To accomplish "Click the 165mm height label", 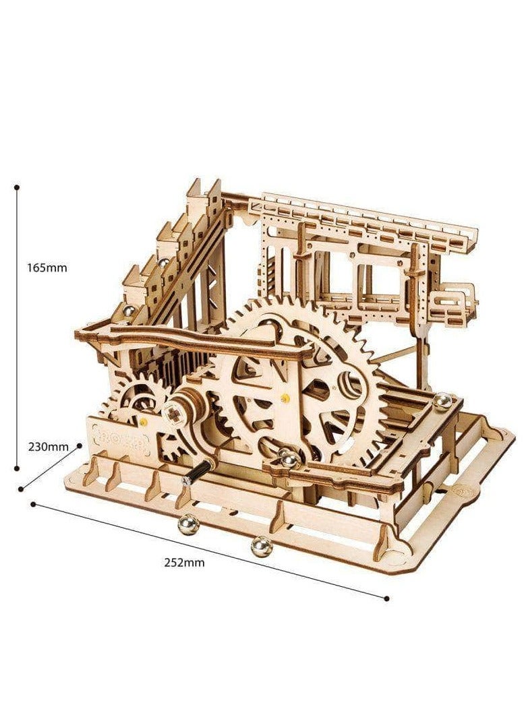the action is click(x=47, y=268).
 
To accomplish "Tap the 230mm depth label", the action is click(x=48, y=447).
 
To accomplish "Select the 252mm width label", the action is click(x=185, y=563).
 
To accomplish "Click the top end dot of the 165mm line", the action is click(x=18, y=187).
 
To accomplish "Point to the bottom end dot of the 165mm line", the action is click(x=18, y=468).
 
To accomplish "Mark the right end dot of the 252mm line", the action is click(x=387, y=598).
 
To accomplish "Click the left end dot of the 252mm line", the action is click(x=33, y=504).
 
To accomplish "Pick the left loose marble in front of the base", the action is click(x=188, y=526).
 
